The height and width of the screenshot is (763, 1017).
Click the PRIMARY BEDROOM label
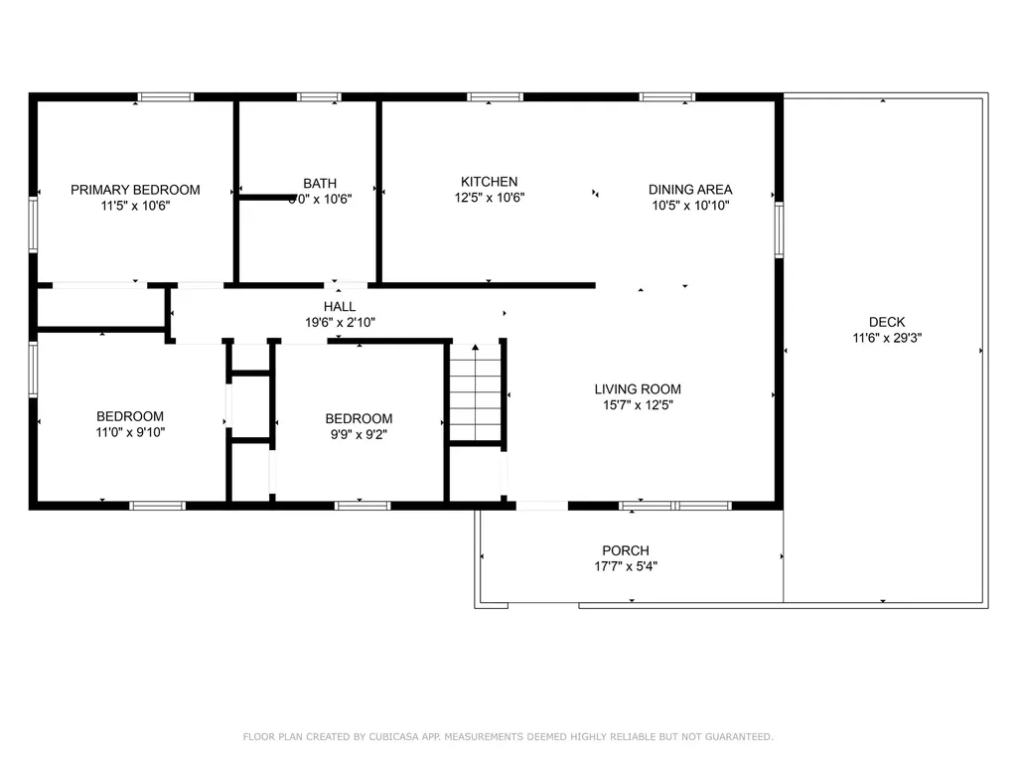135,190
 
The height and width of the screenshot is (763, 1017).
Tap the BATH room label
320,183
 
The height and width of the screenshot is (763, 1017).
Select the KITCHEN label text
489,182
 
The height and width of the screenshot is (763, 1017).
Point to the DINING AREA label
690,190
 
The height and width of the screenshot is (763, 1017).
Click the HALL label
339,307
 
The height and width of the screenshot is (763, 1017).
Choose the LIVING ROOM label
638,389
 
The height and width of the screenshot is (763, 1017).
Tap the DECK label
887,322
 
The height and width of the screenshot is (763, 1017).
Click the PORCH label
626,551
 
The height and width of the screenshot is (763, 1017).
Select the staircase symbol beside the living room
476,391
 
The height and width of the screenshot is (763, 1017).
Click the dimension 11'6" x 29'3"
887,338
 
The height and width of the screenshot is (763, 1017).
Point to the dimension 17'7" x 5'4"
626,567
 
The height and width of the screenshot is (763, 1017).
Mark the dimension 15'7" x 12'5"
638,404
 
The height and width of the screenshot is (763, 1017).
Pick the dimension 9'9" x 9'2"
359,433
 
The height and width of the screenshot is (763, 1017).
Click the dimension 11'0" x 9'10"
130,431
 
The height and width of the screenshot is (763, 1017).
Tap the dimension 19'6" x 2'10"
339,322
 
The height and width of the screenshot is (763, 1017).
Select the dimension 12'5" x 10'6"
489,197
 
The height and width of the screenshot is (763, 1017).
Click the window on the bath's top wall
320,97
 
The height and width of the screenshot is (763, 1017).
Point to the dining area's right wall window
779,229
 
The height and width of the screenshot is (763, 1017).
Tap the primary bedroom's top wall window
166,97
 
